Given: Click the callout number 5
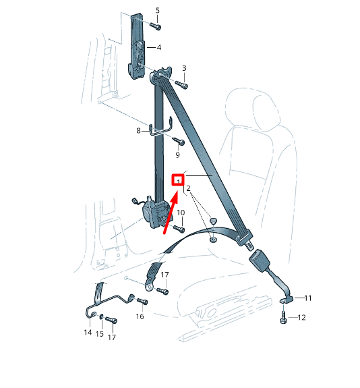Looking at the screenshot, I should (158, 10).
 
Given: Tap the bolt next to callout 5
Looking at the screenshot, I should (156, 26).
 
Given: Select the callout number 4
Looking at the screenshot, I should (159, 48).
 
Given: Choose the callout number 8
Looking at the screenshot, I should (139, 131).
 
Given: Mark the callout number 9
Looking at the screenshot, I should (178, 155).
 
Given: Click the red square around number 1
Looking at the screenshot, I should (178, 179).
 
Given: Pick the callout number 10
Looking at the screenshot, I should (181, 213).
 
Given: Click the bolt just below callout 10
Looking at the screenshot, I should (179, 229).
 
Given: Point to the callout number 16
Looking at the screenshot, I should (140, 316).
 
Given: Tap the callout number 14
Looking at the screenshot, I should (88, 332).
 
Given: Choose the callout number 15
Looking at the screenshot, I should (100, 334).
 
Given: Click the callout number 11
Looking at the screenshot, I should (308, 297).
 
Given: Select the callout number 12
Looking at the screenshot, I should (301, 317).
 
